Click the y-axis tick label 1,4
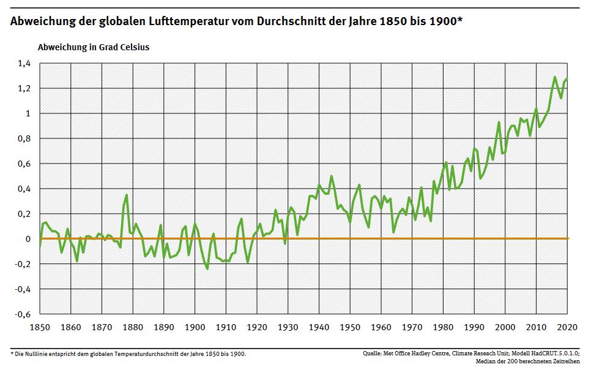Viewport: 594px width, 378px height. point(23,63)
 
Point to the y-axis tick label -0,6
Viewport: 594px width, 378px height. point(22,314)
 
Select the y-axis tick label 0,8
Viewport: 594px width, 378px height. point(23,138)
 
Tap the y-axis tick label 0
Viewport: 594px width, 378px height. point(28,239)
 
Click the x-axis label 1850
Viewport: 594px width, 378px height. point(40,327)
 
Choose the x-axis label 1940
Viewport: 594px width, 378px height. point(319,327)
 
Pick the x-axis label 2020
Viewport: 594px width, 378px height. point(568,327)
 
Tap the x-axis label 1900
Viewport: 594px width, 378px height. point(195,327)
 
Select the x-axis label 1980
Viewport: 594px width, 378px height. point(444,327)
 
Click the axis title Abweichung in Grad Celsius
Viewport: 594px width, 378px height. point(93,47)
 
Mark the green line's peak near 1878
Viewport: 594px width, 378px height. point(127,195)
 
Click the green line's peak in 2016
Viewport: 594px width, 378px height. point(555,77)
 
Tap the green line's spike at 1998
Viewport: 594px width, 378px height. point(499,122)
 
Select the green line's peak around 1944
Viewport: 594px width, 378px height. point(332,176)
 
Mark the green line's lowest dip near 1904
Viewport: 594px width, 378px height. point(207,268)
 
